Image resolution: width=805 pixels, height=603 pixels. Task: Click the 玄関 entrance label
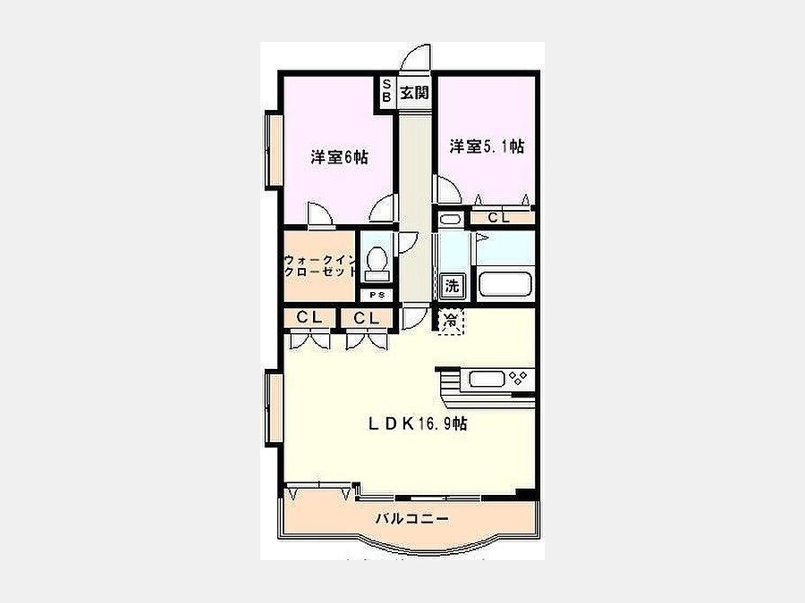tap(414, 93)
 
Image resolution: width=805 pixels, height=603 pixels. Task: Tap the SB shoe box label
tap(386, 91)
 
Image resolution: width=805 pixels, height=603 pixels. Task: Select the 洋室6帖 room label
tap(339, 157)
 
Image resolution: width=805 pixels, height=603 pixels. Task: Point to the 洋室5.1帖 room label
tap(487, 147)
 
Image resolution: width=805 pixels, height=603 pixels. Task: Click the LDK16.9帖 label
tap(418, 423)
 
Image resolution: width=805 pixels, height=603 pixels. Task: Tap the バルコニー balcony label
tap(412, 519)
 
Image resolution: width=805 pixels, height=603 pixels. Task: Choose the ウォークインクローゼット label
tap(320, 265)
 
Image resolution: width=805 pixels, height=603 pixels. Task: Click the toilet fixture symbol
tap(377, 261)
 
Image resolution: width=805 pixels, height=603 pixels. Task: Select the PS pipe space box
tap(377, 296)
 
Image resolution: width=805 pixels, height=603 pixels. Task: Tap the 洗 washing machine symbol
tap(452, 286)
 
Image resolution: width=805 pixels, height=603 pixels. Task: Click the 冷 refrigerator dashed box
tap(451, 322)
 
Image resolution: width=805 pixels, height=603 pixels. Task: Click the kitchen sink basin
tap(486, 380)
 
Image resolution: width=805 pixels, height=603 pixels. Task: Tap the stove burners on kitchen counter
tap(518, 379)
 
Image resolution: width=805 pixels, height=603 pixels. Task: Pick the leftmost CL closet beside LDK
tap(309, 318)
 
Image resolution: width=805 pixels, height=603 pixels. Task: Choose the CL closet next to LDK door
tap(367, 318)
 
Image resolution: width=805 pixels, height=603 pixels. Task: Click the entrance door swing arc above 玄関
tap(415, 55)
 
